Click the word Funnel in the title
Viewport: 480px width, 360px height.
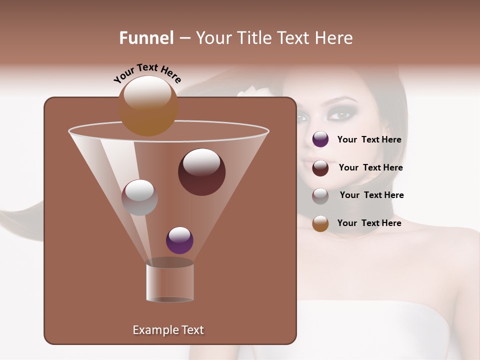[x=146, y=38]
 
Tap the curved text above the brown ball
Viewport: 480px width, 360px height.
[x=147, y=73]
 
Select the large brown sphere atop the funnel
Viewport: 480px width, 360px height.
[x=148, y=106]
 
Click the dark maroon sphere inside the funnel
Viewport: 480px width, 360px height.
[x=201, y=172]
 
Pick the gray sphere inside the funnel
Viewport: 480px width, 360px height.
[x=139, y=197]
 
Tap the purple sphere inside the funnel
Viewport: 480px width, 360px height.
[x=179, y=240]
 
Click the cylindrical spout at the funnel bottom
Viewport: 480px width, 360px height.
[x=170, y=282]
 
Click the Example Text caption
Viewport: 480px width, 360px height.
[x=168, y=330]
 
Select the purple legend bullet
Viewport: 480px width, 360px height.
[x=320, y=139]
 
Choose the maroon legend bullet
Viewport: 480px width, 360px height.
[x=320, y=168]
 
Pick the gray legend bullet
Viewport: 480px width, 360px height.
[x=320, y=196]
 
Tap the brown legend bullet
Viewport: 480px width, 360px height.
[x=320, y=223]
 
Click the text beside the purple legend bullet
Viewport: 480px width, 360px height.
[x=369, y=140]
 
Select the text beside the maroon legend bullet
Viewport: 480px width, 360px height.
[x=370, y=168]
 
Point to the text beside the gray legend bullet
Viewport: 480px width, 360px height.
[x=371, y=195]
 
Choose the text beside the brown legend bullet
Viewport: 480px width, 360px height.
[x=369, y=223]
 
